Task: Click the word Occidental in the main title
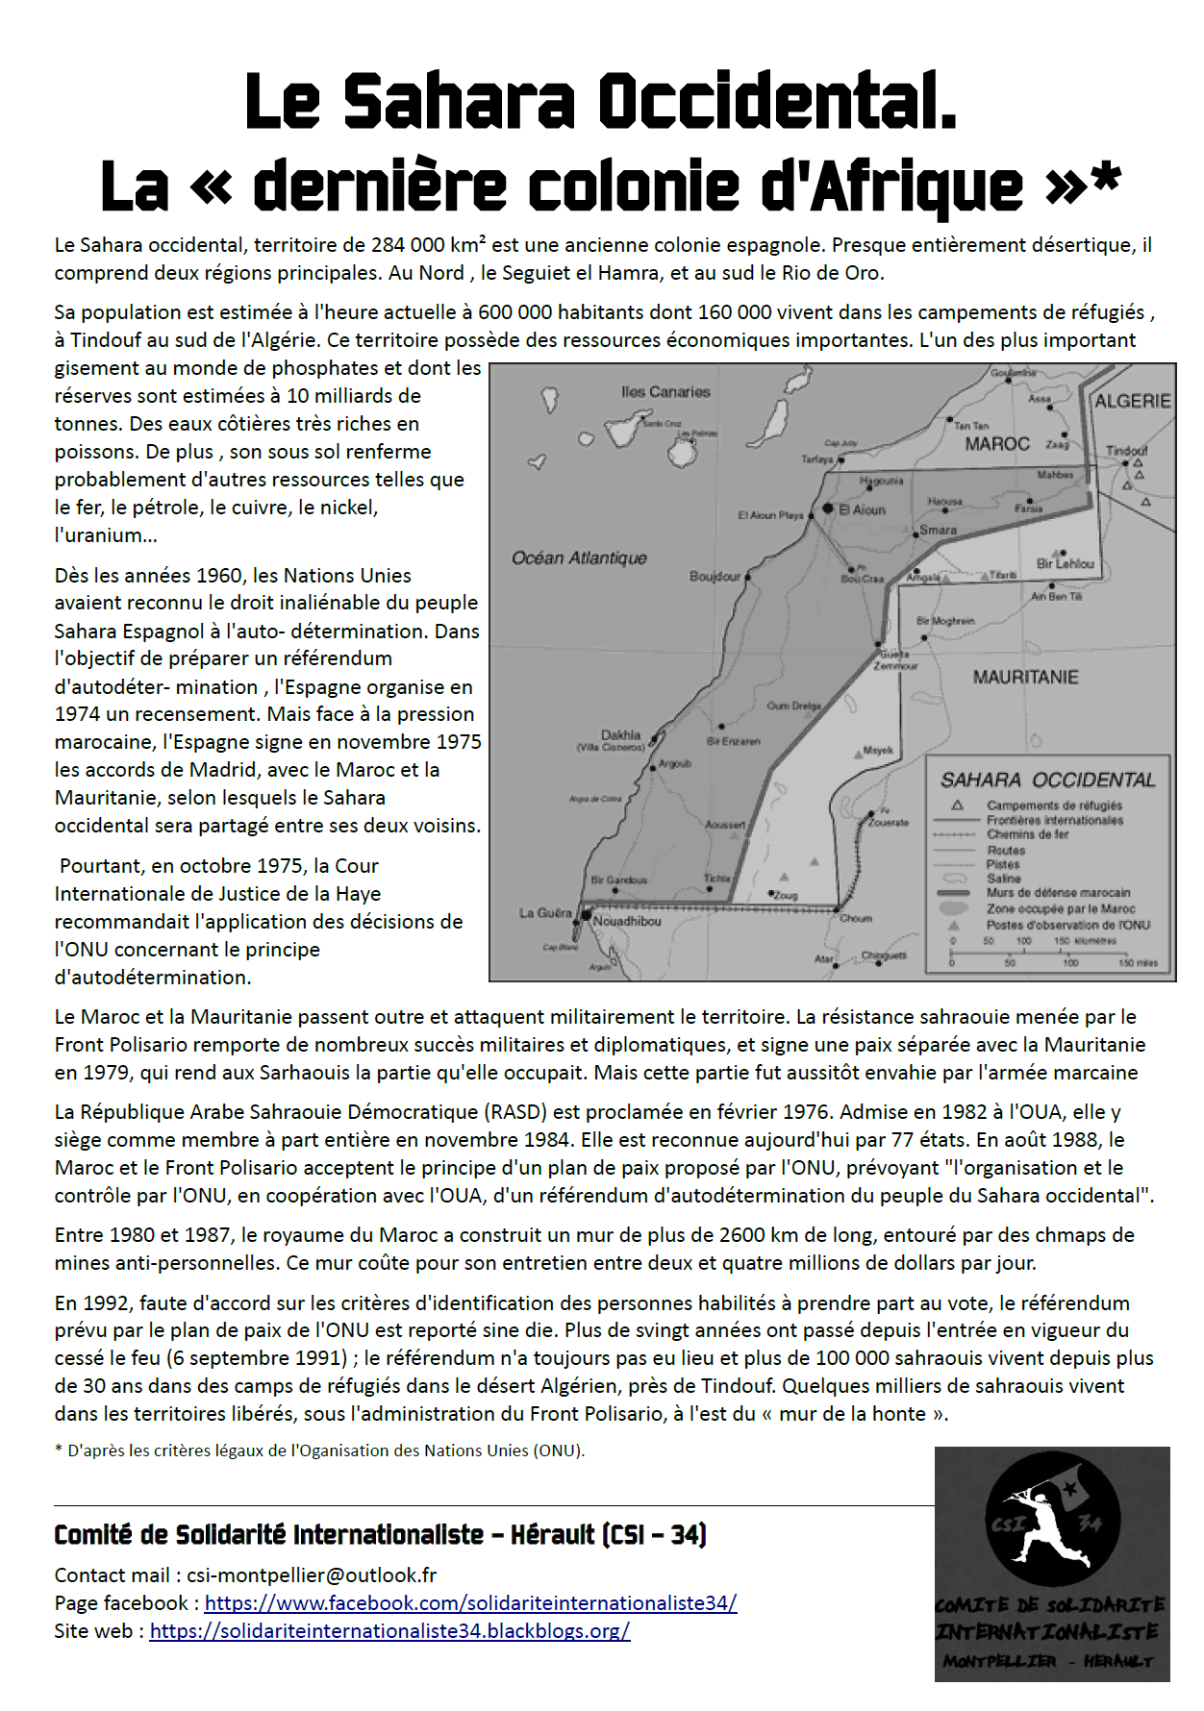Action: (x=777, y=101)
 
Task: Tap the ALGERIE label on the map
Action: (x=1133, y=401)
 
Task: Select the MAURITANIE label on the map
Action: (x=1025, y=677)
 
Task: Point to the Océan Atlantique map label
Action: (x=579, y=558)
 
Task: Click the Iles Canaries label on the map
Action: (x=665, y=391)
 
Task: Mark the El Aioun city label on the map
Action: (x=862, y=509)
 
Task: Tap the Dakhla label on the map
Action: (x=620, y=734)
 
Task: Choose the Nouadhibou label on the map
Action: (x=627, y=921)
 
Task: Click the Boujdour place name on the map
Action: (x=715, y=576)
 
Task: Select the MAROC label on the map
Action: (x=997, y=443)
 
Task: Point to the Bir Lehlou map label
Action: (x=1065, y=563)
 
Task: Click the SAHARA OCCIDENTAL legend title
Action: (x=1047, y=780)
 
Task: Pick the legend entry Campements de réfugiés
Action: (x=1054, y=806)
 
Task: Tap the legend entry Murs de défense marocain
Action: (x=1058, y=893)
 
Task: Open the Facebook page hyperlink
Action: (x=470, y=1602)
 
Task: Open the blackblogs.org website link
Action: (x=389, y=1630)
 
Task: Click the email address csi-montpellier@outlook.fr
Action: (x=312, y=1575)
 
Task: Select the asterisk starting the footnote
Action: (x=59, y=1450)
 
